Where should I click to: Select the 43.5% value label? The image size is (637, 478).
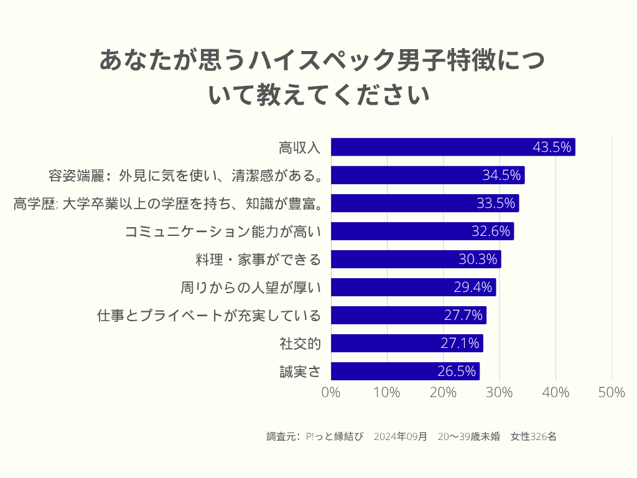552,148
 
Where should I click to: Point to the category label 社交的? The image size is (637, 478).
300,344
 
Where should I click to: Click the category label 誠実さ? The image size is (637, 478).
300,372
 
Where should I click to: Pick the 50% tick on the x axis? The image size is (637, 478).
611,392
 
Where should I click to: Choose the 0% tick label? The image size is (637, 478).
331,392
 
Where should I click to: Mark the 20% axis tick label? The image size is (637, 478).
444,392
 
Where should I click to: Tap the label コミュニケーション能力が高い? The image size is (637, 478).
223,232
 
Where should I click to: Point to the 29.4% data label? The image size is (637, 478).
473,288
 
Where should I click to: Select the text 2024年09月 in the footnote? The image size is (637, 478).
401,436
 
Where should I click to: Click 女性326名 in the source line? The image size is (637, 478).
533,436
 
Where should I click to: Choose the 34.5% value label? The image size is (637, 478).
501,176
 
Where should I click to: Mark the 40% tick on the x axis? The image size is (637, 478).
556,392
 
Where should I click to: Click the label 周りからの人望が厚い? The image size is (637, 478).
250,288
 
